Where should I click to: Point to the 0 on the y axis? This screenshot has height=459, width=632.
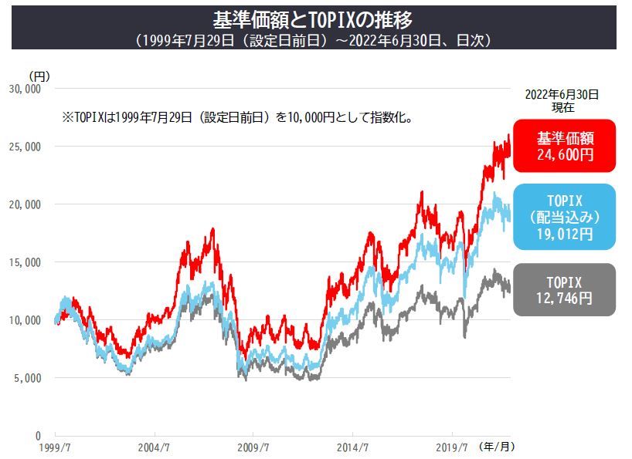[x=38, y=436]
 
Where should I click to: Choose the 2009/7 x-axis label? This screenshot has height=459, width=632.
[x=253, y=447]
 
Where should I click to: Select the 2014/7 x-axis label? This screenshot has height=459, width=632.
[x=353, y=447]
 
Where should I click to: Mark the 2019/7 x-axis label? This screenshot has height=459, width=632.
[x=453, y=447]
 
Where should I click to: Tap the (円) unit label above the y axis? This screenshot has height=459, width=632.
[x=39, y=76]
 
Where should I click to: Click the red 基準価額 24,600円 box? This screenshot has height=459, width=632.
[x=565, y=146]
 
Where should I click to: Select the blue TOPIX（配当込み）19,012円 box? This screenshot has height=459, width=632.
[x=565, y=217]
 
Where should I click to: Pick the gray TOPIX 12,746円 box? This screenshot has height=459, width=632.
[x=565, y=290]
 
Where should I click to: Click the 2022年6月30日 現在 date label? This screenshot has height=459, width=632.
[x=562, y=101]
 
